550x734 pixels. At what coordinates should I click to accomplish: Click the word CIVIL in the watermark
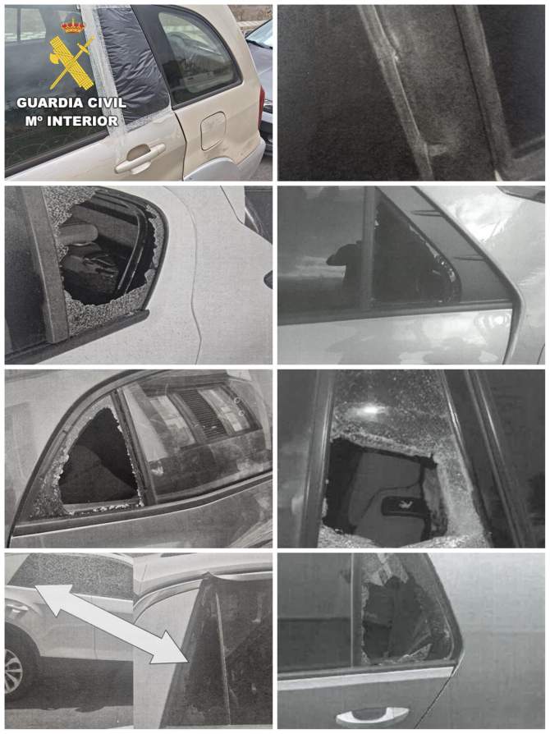coord(108,103)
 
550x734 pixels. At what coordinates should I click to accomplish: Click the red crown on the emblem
coord(72,26)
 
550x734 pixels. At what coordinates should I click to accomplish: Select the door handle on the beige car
coord(140,158)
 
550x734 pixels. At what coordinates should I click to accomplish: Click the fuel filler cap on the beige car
coord(213,131)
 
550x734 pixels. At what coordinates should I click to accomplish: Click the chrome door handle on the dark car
coord(372,717)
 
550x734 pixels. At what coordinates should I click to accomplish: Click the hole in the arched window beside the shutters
coord(98,459)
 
